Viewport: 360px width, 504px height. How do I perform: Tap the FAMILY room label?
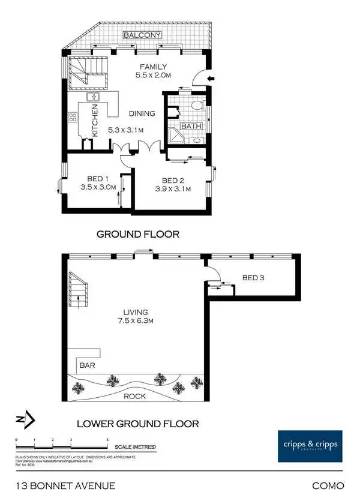(153, 67)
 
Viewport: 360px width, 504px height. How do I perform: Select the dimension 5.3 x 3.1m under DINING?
(127, 129)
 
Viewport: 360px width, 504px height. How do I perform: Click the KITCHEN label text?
(95, 118)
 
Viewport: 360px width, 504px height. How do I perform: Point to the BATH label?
(190, 127)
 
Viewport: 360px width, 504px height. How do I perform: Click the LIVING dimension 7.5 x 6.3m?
(133, 321)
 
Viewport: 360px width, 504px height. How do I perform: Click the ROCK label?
(134, 396)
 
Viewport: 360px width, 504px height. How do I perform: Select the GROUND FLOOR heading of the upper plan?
(138, 234)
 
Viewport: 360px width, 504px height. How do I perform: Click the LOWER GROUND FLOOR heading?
(137, 424)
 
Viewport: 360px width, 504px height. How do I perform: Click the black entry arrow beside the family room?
(209, 79)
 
